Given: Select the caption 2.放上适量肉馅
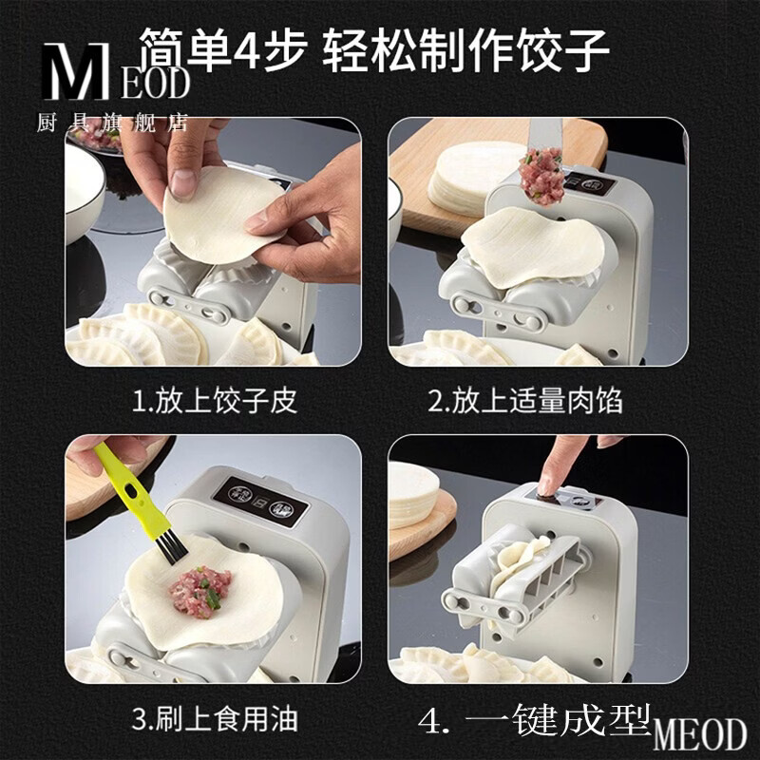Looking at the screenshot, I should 525,400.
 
